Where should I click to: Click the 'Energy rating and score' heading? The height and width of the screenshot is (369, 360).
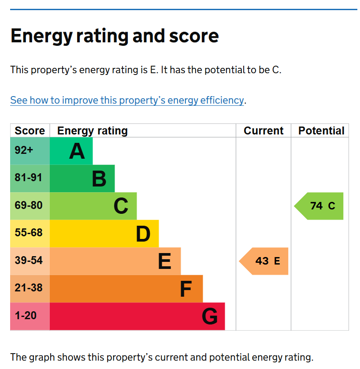[x=114, y=36]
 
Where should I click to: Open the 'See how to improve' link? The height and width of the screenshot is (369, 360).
[x=127, y=100]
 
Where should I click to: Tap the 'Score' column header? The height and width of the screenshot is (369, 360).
[x=30, y=131]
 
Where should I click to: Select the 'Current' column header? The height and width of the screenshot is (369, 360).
[x=264, y=131]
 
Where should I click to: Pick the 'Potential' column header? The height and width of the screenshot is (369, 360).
[x=321, y=131]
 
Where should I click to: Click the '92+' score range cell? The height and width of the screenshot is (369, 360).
[x=24, y=150]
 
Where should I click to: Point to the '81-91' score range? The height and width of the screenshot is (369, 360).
[x=29, y=178]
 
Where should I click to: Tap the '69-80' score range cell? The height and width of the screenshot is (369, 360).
[x=29, y=205]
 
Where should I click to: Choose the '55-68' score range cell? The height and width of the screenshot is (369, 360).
[x=29, y=233]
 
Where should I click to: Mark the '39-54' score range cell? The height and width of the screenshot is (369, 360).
[x=29, y=261]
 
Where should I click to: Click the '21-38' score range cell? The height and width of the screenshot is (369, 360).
[x=29, y=288]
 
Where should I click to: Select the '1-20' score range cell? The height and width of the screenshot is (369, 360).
[x=26, y=316]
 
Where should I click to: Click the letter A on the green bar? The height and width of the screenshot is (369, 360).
[x=77, y=152]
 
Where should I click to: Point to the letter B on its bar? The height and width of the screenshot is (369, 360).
[x=99, y=179]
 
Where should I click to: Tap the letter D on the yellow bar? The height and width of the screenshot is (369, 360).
[x=143, y=234]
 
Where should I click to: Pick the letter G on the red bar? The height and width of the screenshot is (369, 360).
[x=210, y=317]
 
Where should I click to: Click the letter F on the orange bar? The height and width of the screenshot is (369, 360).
[x=186, y=289]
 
